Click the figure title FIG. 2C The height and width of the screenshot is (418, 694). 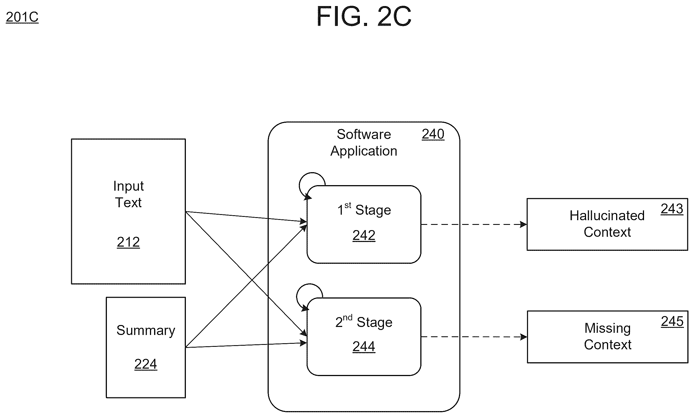pos(364,16)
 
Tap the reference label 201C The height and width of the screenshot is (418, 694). pos(22,17)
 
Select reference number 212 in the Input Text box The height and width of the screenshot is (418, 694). pos(128,242)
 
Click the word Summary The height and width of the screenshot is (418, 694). pos(146,331)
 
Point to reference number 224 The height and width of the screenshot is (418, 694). pos(146,364)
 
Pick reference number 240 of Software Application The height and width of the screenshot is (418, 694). pos(433,134)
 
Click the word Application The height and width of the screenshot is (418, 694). pos(364,151)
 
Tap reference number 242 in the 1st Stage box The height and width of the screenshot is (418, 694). pos(364,235)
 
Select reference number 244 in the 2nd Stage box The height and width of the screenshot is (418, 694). pos(364,347)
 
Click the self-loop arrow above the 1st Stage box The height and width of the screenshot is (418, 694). pos(300,182)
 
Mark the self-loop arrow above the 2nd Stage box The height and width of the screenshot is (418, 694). pos(297,293)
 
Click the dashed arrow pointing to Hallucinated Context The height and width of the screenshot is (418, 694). pos(474,224)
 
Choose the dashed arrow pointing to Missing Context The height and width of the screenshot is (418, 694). pos(474,337)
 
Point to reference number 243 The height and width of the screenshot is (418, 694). pos(672,209)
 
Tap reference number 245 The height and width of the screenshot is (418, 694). pos(672,321)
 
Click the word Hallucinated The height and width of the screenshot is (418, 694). pos(607,215)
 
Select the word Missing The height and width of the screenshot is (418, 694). pos(608,329)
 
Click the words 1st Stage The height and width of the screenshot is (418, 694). pos(364,209)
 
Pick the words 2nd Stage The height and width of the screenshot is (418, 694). pos(364,321)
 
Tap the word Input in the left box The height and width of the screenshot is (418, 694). pos(128,186)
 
